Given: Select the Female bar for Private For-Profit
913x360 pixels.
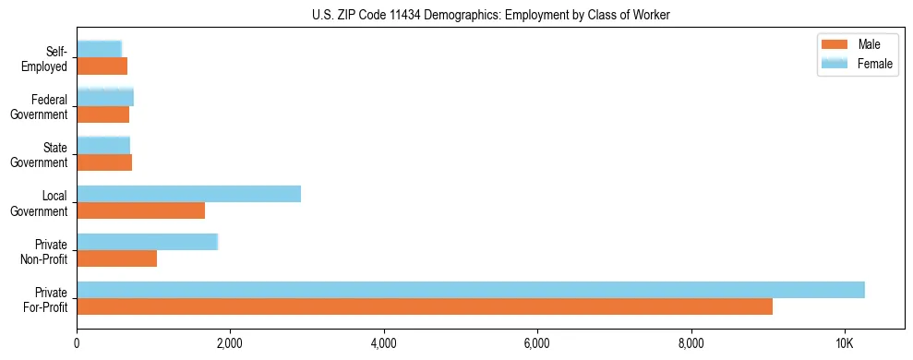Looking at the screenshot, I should pos(471,290).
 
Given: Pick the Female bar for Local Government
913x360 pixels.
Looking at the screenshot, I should pos(188,194).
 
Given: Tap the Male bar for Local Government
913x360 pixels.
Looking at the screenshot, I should pos(140,210).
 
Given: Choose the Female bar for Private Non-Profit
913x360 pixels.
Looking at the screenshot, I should pos(147,242).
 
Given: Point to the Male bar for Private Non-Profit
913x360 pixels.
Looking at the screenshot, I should pos(116,258).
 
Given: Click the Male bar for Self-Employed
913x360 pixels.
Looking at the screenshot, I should pos(102,66).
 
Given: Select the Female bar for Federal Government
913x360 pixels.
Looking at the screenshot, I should pos(105,97).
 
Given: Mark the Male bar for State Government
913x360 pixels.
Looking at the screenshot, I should pos(104,162).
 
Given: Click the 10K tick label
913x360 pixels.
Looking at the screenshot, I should pos(844,343).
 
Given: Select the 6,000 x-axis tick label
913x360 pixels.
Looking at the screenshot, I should pos(536,343).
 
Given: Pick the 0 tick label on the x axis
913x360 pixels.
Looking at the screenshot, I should pos(77,343).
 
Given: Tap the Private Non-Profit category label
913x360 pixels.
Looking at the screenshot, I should pos(48,251).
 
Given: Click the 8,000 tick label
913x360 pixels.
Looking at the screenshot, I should pos(691,343).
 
